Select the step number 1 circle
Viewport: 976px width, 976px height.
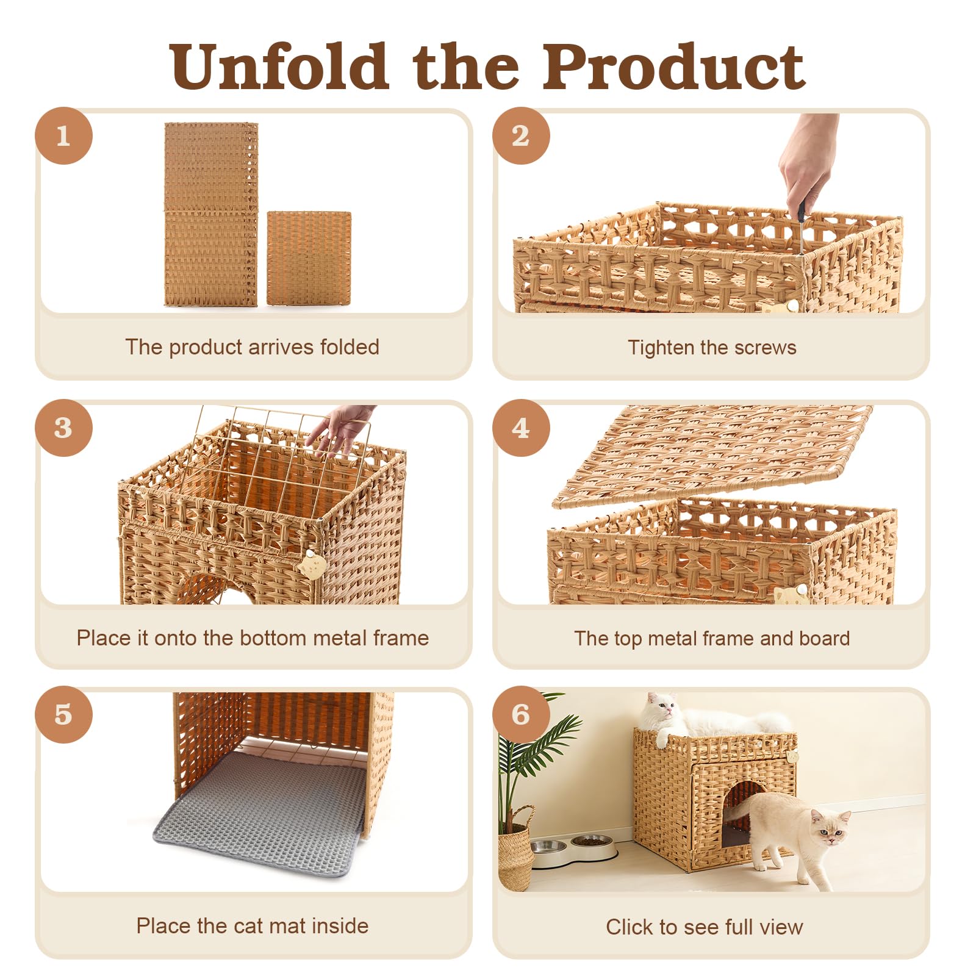[x=63, y=135]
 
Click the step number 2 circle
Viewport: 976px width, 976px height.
[x=521, y=135]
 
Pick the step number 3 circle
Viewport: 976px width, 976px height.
[x=63, y=428]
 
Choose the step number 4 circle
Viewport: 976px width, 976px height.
[x=521, y=428]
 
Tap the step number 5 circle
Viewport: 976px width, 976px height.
[x=63, y=714]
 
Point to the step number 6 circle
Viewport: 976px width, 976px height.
[x=521, y=714]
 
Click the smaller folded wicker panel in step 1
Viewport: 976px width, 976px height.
[x=309, y=258]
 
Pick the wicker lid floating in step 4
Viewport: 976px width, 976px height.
[x=712, y=455]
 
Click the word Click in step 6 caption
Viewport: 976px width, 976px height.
[x=631, y=927]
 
